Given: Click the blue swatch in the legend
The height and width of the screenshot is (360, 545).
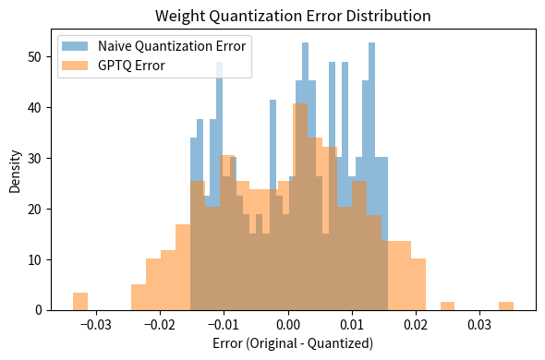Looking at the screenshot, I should pyautogui.click(x=77, y=46).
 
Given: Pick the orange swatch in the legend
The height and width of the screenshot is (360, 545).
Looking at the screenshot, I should pyautogui.click(x=77, y=65).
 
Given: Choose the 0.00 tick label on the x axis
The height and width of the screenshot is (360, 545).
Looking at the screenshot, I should pyautogui.click(x=289, y=326).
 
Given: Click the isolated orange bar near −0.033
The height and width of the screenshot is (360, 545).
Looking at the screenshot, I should pyautogui.click(x=80, y=302).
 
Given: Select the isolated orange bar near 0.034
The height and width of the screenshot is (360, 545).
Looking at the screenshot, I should pyautogui.click(x=506, y=306).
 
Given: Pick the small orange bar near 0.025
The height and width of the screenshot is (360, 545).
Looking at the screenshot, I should pyautogui.click(x=448, y=306).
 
